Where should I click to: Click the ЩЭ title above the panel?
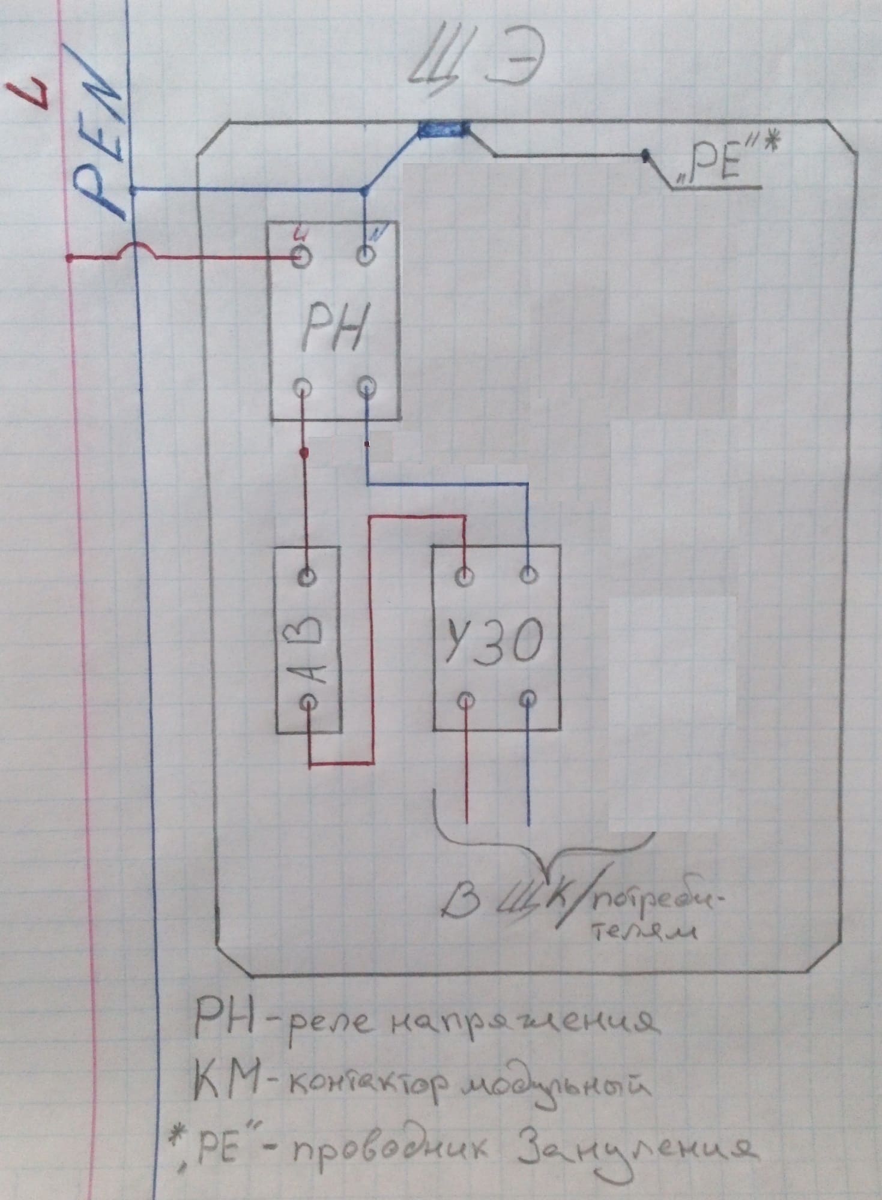(x=471, y=67)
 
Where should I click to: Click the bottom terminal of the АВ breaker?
(x=308, y=701)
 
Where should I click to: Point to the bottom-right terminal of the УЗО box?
(x=528, y=699)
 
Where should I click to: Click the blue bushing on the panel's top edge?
(x=443, y=128)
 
